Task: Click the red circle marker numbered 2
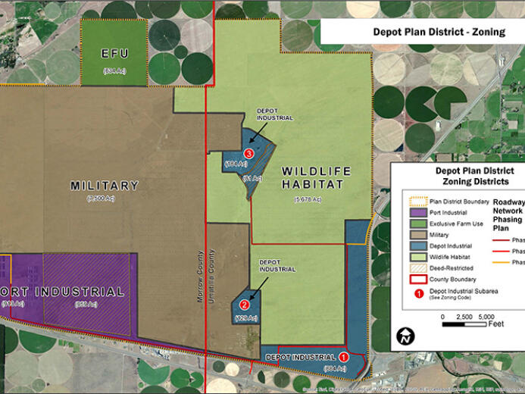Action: [x=245, y=304]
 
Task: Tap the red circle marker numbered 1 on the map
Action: [x=342, y=356]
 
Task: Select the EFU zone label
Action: [x=115, y=54]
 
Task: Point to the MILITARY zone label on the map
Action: [x=105, y=186]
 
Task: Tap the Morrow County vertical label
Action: [x=201, y=277]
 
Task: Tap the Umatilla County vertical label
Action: [x=213, y=277]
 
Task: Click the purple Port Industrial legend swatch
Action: [x=414, y=213]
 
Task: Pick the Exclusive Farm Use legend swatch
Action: [x=414, y=224]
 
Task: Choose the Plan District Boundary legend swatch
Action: [x=414, y=202]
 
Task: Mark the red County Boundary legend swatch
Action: [x=414, y=279]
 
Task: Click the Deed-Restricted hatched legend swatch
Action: [x=414, y=267]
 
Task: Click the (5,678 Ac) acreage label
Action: [x=308, y=199]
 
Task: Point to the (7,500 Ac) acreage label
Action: [x=105, y=199]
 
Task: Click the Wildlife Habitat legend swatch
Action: [x=414, y=257]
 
